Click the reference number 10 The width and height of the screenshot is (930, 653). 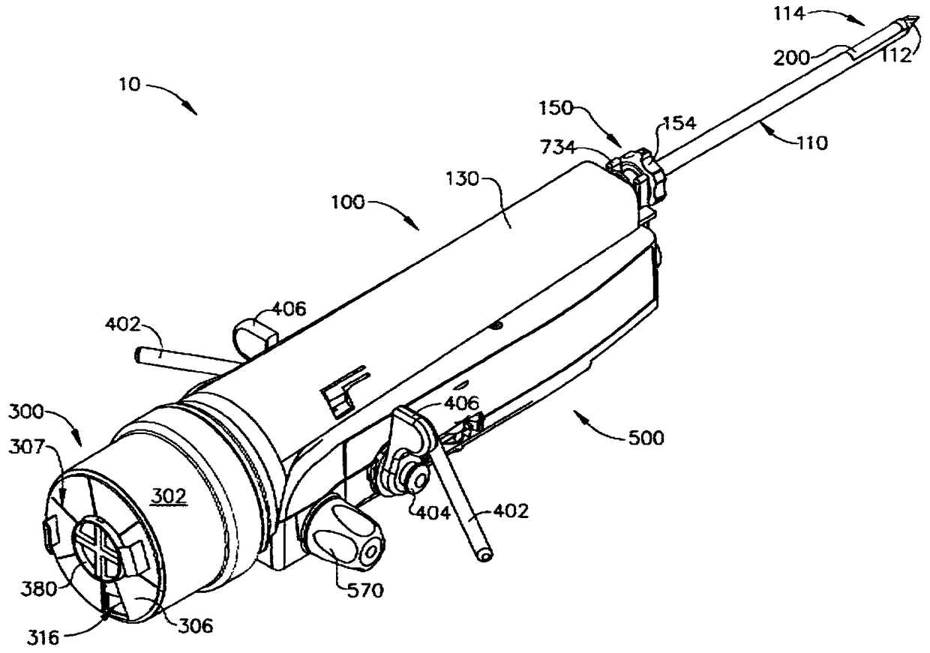(x=129, y=85)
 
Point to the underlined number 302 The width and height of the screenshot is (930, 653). (x=169, y=496)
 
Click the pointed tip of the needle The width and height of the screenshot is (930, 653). (x=911, y=22)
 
